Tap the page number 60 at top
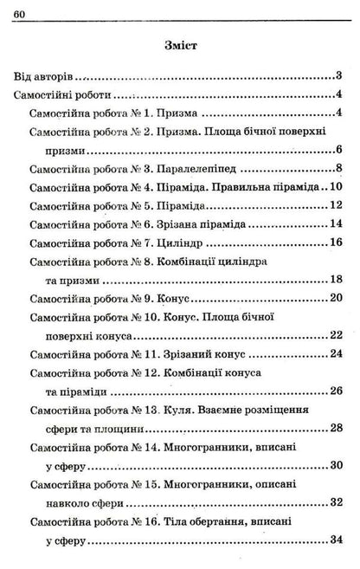tap(21, 10)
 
